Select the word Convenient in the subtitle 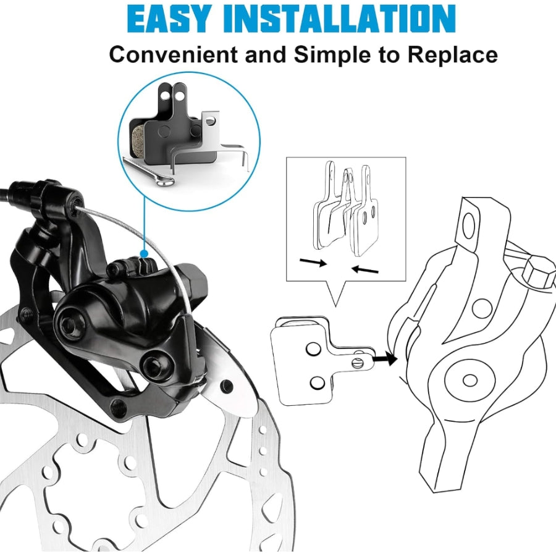(174, 54)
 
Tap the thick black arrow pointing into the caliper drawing (387, 357)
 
